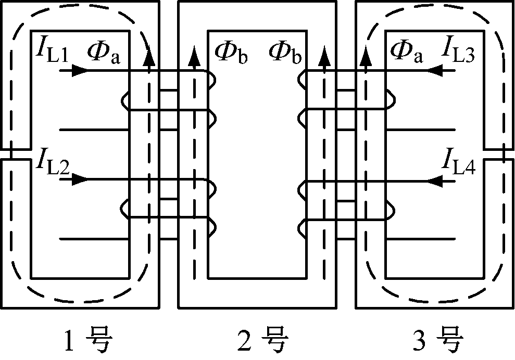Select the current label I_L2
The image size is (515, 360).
53,162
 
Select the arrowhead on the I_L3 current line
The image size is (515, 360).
435,70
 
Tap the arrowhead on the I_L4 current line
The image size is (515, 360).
435,180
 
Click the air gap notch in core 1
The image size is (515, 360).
16,153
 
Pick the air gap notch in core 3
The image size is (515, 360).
499,153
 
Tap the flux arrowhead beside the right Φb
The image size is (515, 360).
324,52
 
